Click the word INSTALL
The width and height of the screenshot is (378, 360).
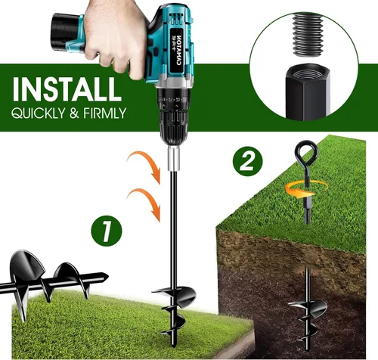67,88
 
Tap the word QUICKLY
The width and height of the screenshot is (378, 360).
38,113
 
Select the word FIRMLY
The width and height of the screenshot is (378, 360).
104,113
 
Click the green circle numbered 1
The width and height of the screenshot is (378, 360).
107,231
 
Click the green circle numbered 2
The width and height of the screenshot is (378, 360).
247,161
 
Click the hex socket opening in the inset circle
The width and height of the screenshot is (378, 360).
308,73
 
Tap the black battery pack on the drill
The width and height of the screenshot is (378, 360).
66,32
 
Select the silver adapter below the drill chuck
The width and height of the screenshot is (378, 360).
174,159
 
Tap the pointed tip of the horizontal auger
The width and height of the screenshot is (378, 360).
108,277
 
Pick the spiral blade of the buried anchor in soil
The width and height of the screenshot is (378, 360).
308,319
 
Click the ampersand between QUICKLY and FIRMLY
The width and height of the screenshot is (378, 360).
74,113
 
